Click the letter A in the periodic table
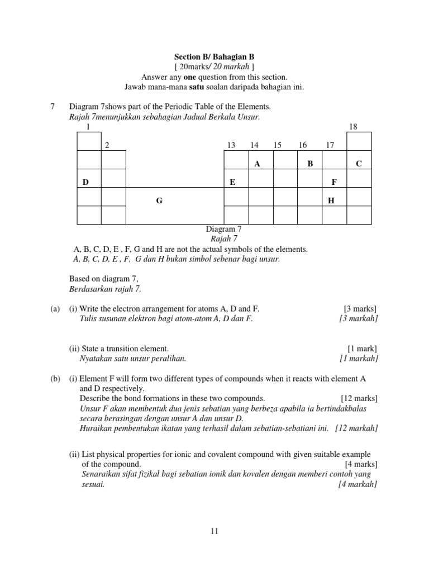click(258, 164)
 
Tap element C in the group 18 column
click(359, 164)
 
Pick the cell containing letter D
click(85, 183)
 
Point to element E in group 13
click(232, 183)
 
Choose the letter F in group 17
click(334, 183)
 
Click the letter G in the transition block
click(159, 201)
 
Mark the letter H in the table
click(331, 201)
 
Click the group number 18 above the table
click(353, 127)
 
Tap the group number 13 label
click(231, 145)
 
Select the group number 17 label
click(330, 145)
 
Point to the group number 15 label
click(278, 145)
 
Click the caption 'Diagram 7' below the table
click(223, 229)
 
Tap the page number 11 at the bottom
click(214, 532)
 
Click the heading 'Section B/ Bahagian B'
click(214, 57)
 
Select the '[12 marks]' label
click(359, 398)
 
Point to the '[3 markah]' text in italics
click(358, 318)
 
